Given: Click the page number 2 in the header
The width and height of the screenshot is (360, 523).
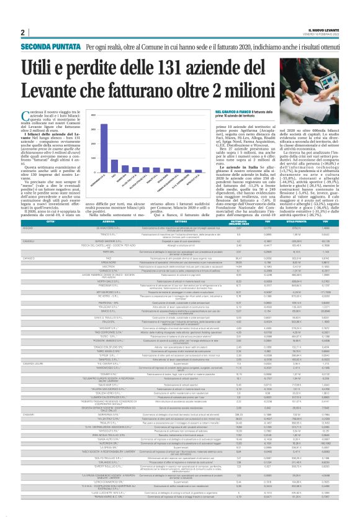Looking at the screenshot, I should coord(22,32).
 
